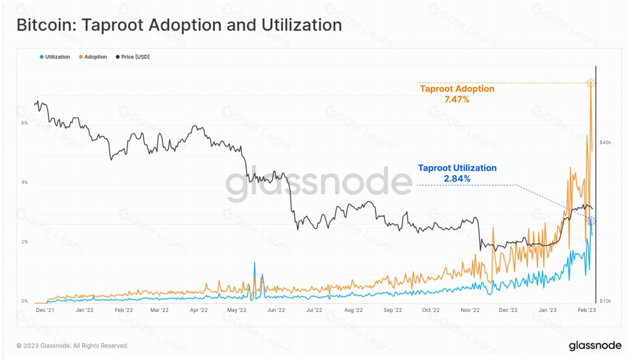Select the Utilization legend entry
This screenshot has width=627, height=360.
coord(57,57)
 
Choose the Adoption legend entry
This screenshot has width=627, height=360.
coord(95,57)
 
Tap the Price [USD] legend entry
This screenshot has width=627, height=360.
coord(135,57)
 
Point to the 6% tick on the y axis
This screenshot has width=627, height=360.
coord(25,123)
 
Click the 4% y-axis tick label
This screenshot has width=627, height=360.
coord(25,183)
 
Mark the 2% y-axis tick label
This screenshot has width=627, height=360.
coord(25,242)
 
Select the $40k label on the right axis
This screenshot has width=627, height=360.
coord(605,142)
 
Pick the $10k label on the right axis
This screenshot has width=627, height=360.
coord(605,301)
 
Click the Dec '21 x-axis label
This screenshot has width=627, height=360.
coord(45,310)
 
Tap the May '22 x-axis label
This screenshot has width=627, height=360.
coord(237,310)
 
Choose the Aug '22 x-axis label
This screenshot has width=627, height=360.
coord(354,310)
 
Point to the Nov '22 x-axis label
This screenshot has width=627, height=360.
coord(470,310)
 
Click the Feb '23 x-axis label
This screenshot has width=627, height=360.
coord(587,310)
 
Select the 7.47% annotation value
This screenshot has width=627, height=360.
coord(457,100)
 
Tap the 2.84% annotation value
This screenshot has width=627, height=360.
coord(457,179)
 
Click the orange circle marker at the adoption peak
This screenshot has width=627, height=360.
coord(591,83)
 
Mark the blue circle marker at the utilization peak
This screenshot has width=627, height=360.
coord(591,221)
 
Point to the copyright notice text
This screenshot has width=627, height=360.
coord(72,346)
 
